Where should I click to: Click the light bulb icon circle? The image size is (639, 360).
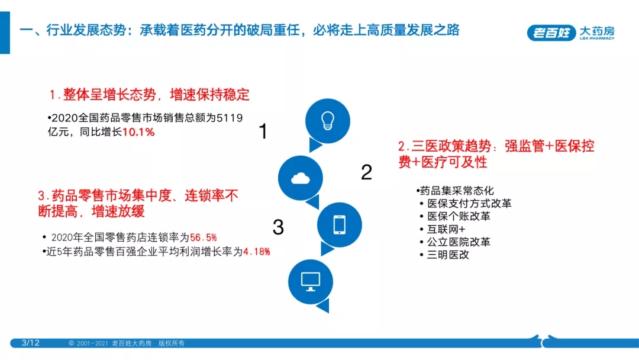pyautogui.click(x=328, y=121)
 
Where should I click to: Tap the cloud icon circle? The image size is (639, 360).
pyautogui.click(x=301, y=178)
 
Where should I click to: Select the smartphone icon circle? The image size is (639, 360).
pyautogui.click(x=340, y=224)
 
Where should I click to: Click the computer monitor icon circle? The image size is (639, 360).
pyautogui.click(x=311, y=282)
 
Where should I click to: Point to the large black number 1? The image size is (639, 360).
pyautogui.click(x=263, y=131)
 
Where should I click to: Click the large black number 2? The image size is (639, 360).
pyautogui.click(x=366, y=172)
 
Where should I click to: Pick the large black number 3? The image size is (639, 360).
pyautogui.click(x=278, y=227)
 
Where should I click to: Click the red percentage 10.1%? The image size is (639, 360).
pyautogui.click(x=138, y=132)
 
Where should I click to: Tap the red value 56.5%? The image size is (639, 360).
pyautogui.click(x=204, y=237)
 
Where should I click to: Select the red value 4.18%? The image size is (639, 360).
pyautogui.click(x=257, y=252)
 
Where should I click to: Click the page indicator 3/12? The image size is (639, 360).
pyautogui.click(x=31, y=343)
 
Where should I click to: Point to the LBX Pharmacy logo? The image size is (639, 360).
pyautogui.click(x=570, y=33)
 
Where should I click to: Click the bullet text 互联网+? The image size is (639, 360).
pyautogui.click(x=446, y=229)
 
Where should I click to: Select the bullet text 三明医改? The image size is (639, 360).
pyautogui.click(x=448, y=255)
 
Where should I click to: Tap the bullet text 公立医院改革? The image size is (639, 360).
pyautogui.click(x=459, y=242)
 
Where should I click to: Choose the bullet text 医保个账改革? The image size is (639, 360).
pyautogui.click(x=459, y=216)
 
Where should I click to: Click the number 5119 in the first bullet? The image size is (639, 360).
pyautogui.click(x=230, y=118)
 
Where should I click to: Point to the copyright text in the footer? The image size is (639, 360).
pyautogui.click(x=127, y=343)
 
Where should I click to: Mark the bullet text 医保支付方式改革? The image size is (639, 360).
pyautogui.click(x=469, y=204)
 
